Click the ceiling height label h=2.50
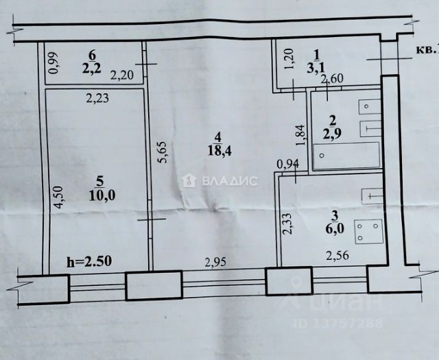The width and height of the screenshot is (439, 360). click(91, 261)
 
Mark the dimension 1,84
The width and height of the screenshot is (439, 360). click(299, 136)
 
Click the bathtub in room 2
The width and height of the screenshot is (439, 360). click(346, 156)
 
